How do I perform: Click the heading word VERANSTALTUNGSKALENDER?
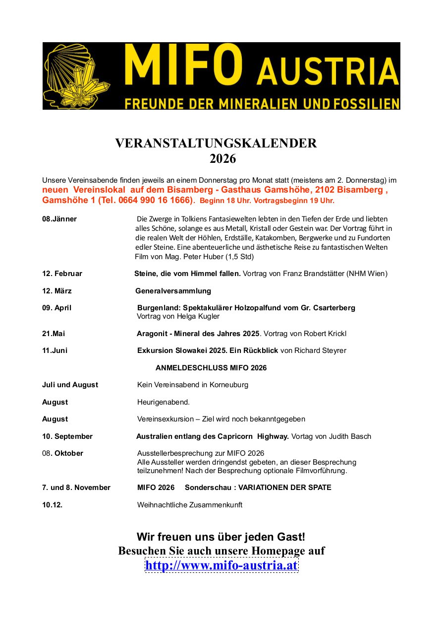tap(216, 143)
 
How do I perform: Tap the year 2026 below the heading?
tap(222, 159)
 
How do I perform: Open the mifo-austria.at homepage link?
tap(221, 565)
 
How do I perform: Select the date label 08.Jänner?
tap(59, 219)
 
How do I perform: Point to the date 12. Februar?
tap(62, 274)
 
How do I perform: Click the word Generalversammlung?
tap(173, 291)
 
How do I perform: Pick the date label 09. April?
tap(56, 308)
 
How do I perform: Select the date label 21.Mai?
tap(54, 334)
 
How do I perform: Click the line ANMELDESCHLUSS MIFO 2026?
tap(211, 368)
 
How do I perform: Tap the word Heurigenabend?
tap(164, 402)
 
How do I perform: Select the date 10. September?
tap(67, 436)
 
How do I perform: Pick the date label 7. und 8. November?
tap(76, 488)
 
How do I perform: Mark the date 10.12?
tap(52, 505)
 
